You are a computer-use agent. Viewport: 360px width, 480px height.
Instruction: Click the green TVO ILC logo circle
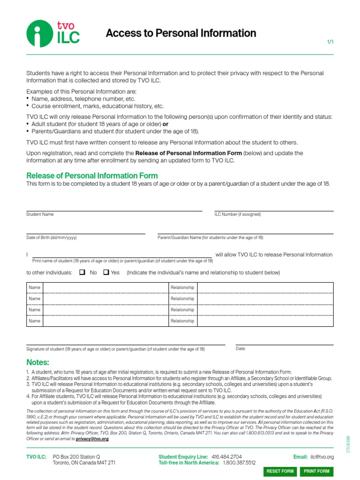pos(39,34)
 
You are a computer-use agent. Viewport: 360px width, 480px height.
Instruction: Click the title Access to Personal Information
pos(181,33)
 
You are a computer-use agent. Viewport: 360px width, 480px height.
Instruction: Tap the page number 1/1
pos(330,42)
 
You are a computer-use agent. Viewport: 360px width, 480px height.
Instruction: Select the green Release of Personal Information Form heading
pos(92,176)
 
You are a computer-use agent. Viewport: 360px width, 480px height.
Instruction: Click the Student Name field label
pos(40,214)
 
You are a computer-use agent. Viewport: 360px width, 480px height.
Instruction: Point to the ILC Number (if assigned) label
pos(238,214)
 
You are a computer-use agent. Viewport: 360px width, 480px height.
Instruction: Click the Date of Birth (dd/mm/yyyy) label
pos(51,238)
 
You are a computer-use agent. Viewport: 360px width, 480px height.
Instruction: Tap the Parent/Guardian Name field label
pos(210,238)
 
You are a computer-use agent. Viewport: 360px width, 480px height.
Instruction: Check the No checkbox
pos(82,272)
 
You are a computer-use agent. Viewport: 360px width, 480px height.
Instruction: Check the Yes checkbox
pos(106,272)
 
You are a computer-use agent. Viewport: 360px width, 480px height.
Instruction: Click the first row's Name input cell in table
pos(105,287)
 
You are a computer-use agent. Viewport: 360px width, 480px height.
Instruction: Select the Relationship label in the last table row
pos(182,321)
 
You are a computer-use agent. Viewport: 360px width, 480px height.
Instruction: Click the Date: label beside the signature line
pos(240,349)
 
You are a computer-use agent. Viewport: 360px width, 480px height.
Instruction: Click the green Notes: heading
pos(37,362)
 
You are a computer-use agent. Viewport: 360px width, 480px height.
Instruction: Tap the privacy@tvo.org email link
pos(92,439)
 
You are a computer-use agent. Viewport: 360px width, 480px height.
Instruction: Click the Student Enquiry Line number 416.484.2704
pos(227,457)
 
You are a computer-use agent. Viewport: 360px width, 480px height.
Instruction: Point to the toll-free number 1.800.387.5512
pos(240,463)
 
